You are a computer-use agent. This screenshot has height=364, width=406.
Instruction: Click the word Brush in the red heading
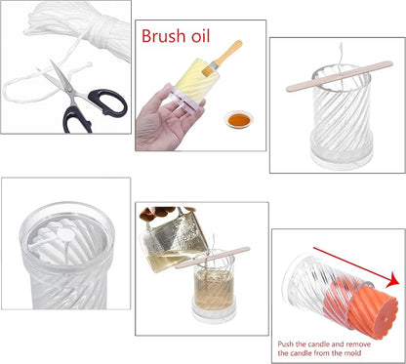pyautogui.click(x=164, y=36)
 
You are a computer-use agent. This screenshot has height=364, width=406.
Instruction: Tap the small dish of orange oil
pyautogui.click(x=239, y=119)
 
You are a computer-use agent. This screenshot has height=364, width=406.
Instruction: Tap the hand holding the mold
pyautogui.click(x=164, y=120)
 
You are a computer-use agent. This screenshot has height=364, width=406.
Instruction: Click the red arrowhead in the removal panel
pyautogui.click(x=392, y=280)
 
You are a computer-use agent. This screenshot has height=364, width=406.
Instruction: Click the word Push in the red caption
pyautogui.click(x=286, y=344)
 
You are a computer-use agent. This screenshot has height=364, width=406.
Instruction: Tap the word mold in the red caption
pyautogui.click(x=353, y=353)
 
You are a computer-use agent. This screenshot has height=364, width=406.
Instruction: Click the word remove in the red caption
pyautogui.click(x=358, y=344)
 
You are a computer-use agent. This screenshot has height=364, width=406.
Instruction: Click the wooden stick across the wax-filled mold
pyautogui.click(x=213, y=258)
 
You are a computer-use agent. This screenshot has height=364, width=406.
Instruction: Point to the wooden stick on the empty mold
pyautogui.click(x=340, y=76)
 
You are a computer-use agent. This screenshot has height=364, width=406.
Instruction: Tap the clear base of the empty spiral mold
pyautogui.click(x=342, y=158)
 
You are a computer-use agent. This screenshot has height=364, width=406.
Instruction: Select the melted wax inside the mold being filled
pyautogui.click(x=214, y=289)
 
